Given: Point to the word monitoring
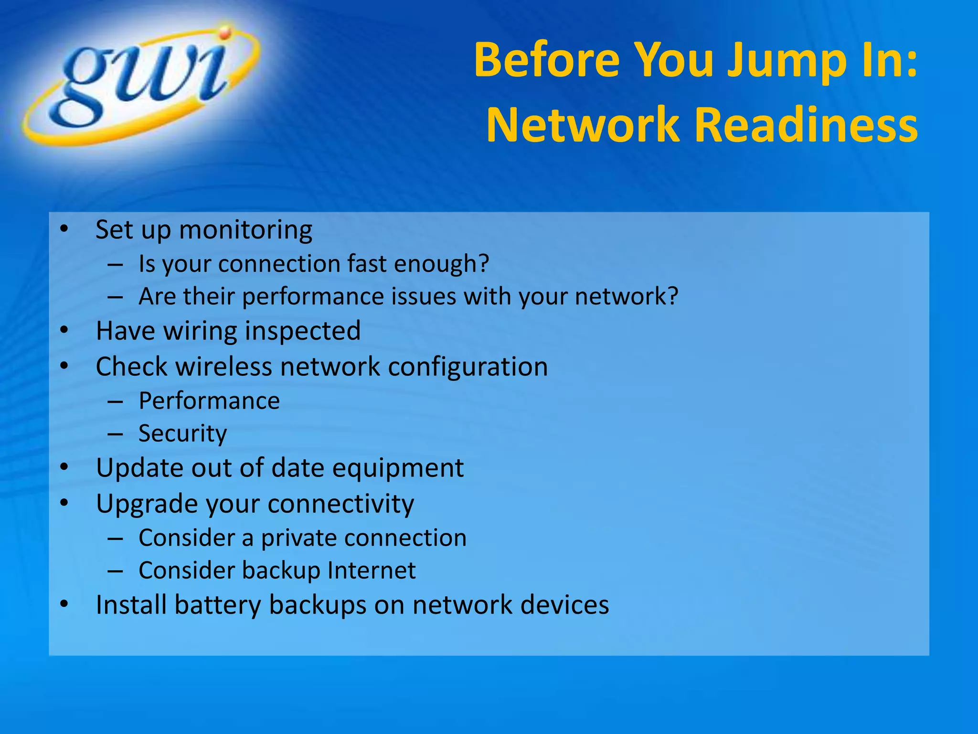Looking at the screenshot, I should click(245, 230).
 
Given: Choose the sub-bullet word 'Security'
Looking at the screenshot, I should click(182, 433).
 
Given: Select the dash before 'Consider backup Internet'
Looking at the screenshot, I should click(116, 571).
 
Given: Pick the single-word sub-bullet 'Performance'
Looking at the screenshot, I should click(209, 401).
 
